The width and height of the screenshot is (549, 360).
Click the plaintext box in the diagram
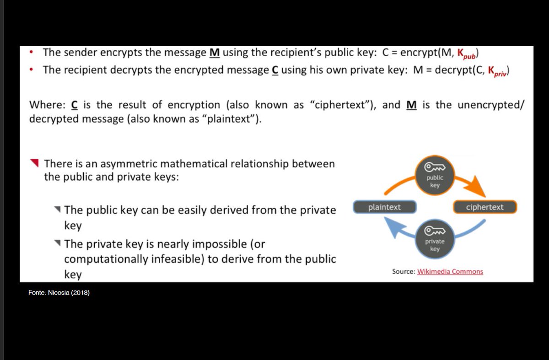[x=384, y=207]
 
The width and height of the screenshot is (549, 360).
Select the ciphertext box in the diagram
[x=484, y=207]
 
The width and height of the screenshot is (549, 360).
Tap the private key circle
[x=435, y=238]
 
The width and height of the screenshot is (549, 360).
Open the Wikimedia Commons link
[x=450, y=272]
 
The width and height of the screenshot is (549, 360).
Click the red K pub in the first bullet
[x=467, y=54]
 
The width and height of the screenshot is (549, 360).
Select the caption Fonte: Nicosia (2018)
[x=59, y=293]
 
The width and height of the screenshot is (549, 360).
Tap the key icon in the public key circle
[x=435, y=167]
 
